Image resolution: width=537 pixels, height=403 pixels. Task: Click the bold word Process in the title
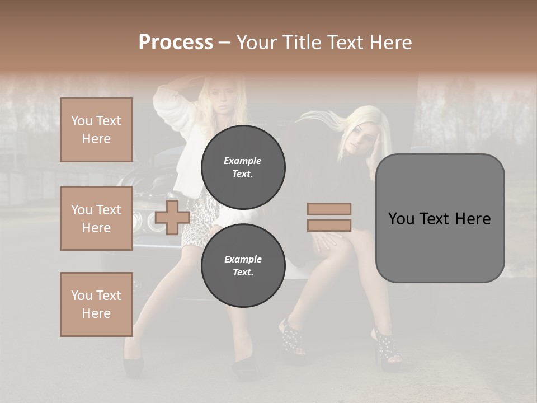[x=176, y=42]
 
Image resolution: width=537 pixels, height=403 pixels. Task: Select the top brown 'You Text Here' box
[x=96, y=130]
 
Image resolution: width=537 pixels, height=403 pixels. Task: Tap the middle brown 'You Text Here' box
[x=96, y=218]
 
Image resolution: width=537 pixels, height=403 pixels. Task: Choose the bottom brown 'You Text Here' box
[x=96, y=304]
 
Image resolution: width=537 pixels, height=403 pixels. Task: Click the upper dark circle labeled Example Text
[x=243, y=167]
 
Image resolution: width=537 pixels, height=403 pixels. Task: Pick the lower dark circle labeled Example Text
[x=243, y=265]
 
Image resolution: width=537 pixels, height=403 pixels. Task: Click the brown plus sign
[x=172, y=217]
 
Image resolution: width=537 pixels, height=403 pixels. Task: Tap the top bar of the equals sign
[x=329, y=209]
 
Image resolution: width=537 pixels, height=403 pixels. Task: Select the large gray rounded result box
[x=440, y=218]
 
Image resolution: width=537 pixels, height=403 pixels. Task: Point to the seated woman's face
[x=360, y=137]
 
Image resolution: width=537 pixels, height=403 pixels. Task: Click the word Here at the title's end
[x=392, y=42]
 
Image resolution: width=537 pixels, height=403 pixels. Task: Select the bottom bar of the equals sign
[x=329, y=225]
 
